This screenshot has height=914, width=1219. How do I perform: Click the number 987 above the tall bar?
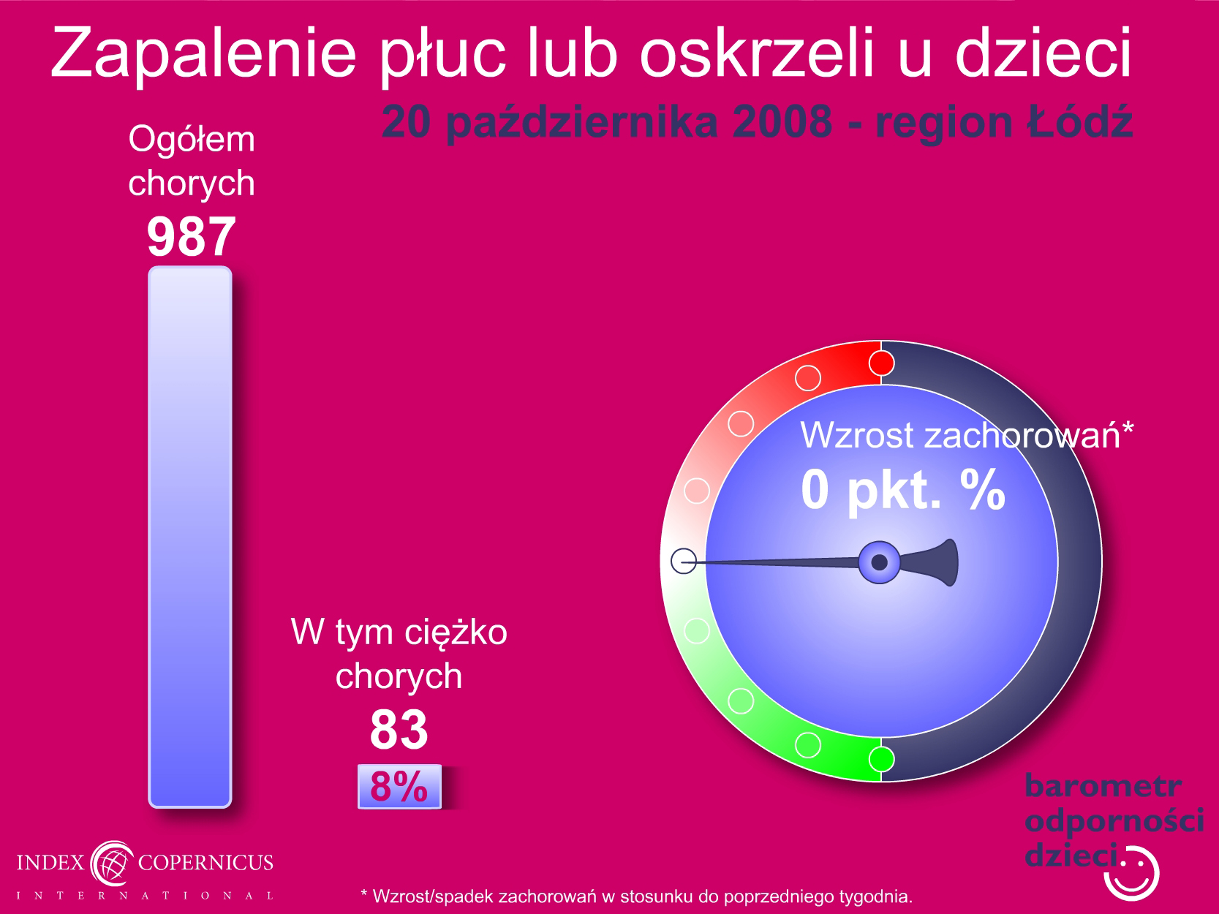coord(192,237)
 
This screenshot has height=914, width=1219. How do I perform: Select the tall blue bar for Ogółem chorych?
coord(190,537)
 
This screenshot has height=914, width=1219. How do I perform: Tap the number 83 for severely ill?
coord(399,729)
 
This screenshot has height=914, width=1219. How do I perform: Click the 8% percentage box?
coord(399,786)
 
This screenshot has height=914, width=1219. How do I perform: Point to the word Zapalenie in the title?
coord(203,54)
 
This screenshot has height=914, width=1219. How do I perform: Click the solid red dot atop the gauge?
coord(881,363)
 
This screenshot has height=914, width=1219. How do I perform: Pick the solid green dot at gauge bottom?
coord(881,759)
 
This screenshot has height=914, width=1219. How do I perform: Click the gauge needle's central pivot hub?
coord(879,562)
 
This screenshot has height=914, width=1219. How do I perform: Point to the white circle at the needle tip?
coord(684,561)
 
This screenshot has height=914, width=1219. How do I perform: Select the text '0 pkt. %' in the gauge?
coord(903,490)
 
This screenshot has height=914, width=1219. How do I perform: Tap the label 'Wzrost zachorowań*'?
coord(967,435)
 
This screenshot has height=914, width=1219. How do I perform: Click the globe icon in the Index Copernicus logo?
coord(112,863)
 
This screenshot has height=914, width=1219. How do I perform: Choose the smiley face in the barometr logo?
coord(1131,874)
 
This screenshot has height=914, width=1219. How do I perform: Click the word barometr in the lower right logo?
coord(1103,786)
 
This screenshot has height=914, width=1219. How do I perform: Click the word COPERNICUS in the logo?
coord(205,862)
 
